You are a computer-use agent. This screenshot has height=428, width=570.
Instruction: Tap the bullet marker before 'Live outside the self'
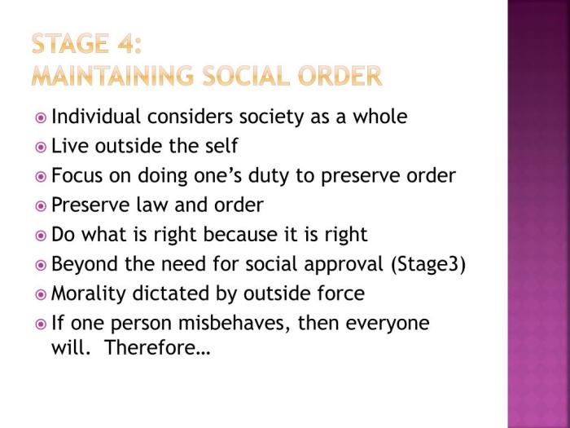point(42,148)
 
